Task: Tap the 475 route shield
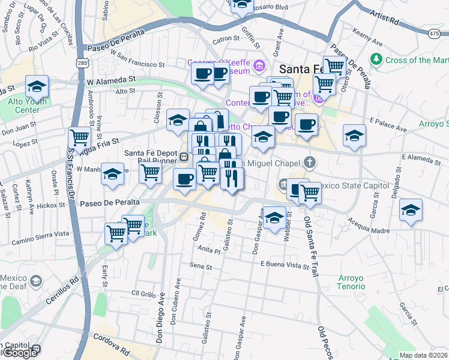point(434,35)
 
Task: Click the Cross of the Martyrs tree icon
point(376,59)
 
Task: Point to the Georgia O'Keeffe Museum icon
point(259,65)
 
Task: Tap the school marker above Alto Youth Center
point(37,86)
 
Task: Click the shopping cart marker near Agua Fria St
point(79,137)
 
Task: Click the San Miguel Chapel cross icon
point(309,161)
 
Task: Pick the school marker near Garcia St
point(411,211)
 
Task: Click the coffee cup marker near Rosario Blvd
point(242,5)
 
